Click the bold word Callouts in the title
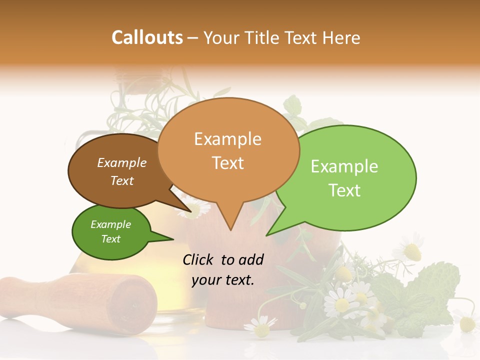(147, 37)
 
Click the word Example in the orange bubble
(227, 139)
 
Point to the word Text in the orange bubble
(227, 163)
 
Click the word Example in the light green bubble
(344, 166)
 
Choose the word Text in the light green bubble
(344, 190)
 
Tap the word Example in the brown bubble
(122, 162)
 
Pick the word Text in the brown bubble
(122, 180)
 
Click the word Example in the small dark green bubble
(111, 224)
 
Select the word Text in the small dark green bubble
(111, 239)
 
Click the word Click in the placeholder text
(198, 259)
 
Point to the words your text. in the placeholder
(223, 280)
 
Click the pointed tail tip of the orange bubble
(230, 230)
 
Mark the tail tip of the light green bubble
(267, 235)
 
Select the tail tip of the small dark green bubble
(173, 239)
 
